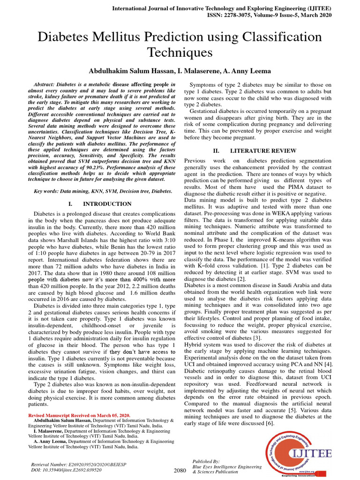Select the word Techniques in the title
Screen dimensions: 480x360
coord(180,52)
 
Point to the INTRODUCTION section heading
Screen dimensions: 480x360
coord(107,204)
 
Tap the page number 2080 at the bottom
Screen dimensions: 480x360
coord(180,470)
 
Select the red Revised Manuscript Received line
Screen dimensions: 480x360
coord(79,415)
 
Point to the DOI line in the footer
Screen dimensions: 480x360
coord(66,469)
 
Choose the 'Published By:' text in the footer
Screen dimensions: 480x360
coord(206,461)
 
